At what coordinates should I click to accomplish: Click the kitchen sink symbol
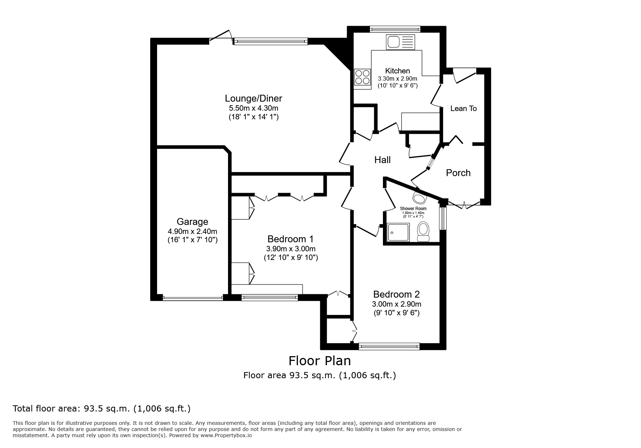coord(401,42)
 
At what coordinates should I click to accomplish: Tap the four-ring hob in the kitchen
coord(362,77)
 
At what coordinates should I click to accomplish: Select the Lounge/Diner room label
coord(253,98)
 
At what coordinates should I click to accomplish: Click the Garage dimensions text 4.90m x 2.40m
coord(192,231)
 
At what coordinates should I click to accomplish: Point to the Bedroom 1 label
coord(290,239)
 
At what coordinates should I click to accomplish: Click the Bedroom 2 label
coord(396,294)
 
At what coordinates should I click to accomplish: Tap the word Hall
coord(382,160)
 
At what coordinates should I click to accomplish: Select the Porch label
coord(458,173)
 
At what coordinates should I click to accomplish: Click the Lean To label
coord(463,108)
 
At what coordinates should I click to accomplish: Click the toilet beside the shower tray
coord(423,231)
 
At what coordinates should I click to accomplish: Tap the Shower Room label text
coord(413,209)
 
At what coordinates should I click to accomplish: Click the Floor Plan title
coord(319,361)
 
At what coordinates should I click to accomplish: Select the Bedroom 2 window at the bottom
coord(389,347)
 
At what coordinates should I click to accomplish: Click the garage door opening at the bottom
coord(193,298)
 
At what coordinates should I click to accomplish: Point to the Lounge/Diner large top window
coord(270,41)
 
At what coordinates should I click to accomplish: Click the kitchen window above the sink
coord(395,29)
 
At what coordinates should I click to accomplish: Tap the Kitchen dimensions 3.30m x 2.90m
coord(397,78)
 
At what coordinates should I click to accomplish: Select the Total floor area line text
coord(101,409)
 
